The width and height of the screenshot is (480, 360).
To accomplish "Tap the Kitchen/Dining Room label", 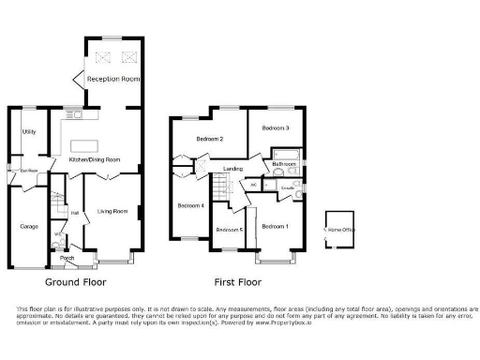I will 96,160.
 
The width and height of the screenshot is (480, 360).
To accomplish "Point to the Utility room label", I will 29,131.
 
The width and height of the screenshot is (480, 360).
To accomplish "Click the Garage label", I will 29,226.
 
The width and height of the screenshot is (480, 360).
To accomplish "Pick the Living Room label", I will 112,212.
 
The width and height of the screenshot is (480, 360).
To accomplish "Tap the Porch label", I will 67,258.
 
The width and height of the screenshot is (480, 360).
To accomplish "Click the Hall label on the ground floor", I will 74,213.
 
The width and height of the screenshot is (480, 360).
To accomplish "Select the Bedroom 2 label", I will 209,140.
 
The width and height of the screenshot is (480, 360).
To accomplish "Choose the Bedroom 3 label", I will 275,127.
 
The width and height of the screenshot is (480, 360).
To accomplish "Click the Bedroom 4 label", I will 190,205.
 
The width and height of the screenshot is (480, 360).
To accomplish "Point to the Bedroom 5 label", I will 228,230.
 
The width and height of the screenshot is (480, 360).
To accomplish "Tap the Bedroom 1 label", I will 275,226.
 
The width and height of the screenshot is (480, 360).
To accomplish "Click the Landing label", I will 233,169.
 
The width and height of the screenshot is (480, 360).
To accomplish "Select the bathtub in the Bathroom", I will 284,153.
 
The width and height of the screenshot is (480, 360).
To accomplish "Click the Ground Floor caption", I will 75,281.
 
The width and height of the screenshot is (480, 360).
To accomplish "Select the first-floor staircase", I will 221,191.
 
